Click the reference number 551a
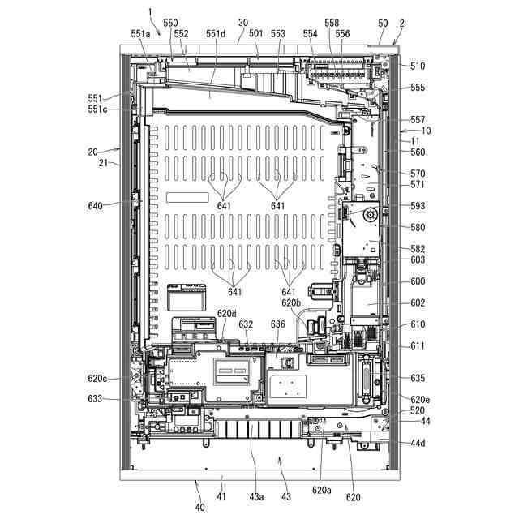coord(140,34)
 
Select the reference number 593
coord(418,206)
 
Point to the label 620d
coord(227,314)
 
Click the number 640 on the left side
coord(96,206)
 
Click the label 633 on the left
coord(96,399)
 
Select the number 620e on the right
coord(420,400)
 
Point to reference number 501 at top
coord(256,34)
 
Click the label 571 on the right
coord(418,185)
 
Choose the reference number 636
coord(277,324)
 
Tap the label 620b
coord(292,303)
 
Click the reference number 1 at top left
coord(150,11)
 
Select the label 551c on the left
coord(98,109)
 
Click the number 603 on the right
coord(418,260)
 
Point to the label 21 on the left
coord(104,163)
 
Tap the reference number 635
coord(418,379)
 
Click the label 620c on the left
coord(98,379)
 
